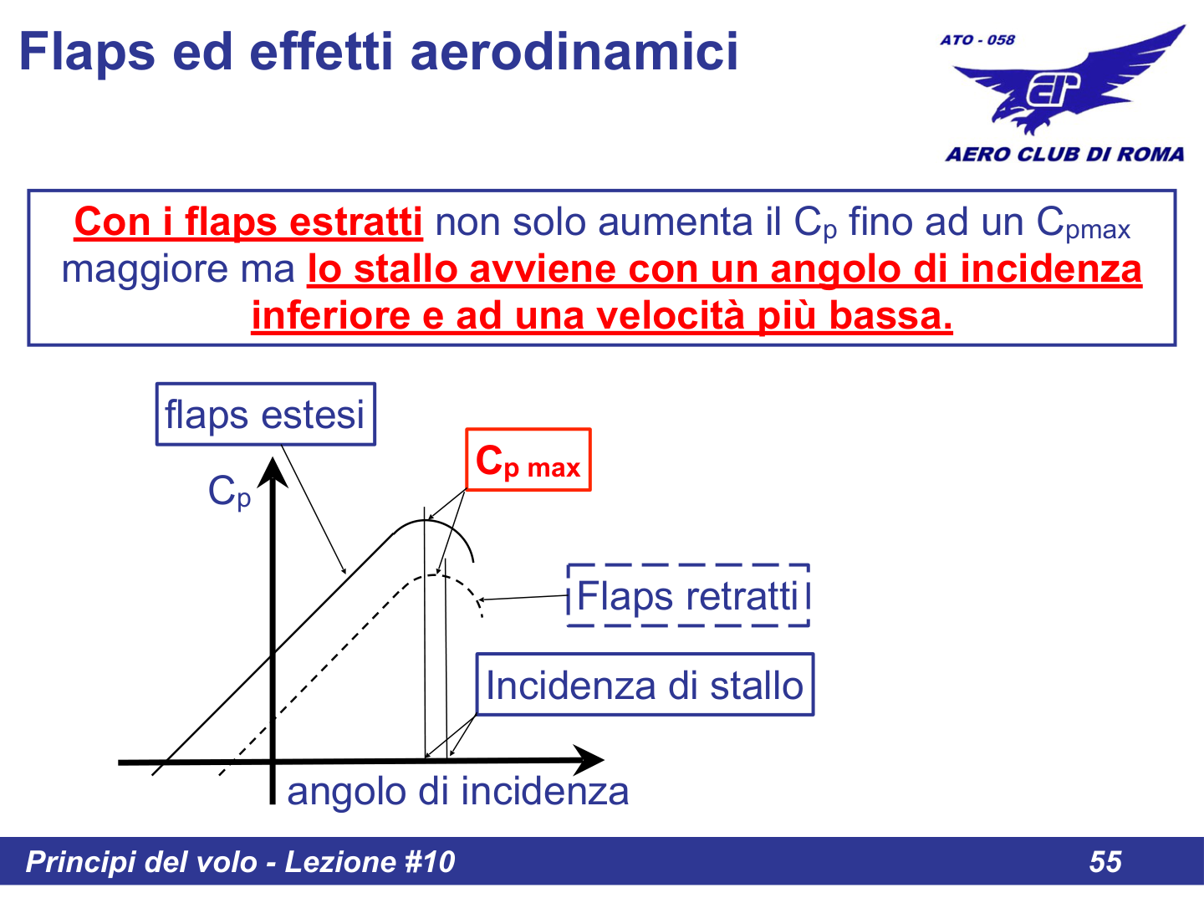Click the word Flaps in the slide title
(x=87, y=52)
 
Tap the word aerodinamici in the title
(x=574, y=52)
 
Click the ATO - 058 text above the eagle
(x=977, y=40)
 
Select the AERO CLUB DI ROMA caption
(x=1064, y=155)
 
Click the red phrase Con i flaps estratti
(x=248, y=223)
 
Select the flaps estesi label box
(x=265, y=415)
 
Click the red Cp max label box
(x=528, y=461)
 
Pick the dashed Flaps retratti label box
(x=688, y=596)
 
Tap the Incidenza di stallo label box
(x=645, y=686)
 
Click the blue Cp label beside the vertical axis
(x=228, y=492)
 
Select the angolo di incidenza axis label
(x=457, y=791)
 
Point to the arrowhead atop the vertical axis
(x=273, y=472)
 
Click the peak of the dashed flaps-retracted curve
(x=437, y=574)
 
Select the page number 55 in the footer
(x=1105, y=862)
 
